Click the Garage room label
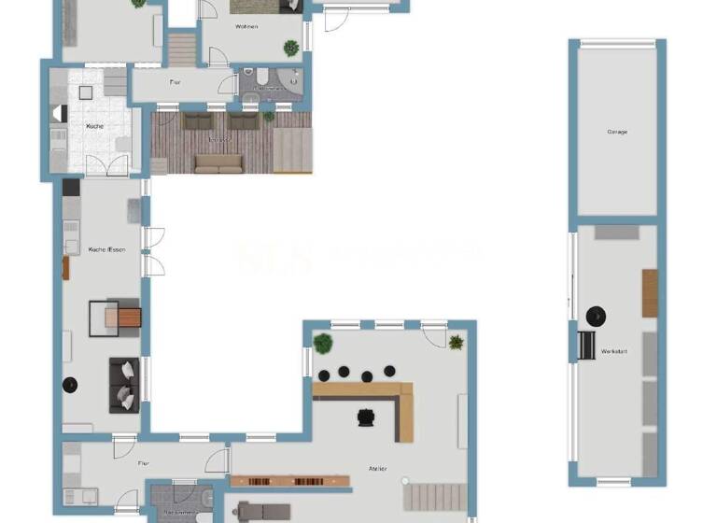617,132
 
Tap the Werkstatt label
613,351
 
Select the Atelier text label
377,469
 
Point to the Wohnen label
246,27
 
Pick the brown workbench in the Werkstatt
650,292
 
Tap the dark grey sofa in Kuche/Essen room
123,384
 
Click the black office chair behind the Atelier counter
363,417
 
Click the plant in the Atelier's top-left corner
323,343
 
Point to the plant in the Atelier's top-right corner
456,342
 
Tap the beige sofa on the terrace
218,163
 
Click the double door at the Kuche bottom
107,166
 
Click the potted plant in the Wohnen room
291,46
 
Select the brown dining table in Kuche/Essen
122,318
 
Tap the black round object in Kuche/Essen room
69,384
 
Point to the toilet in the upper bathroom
263,77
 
